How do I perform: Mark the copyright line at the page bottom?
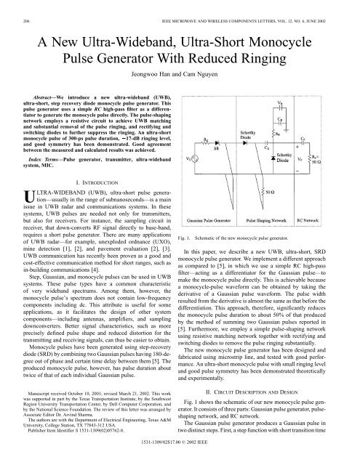[180, 460]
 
